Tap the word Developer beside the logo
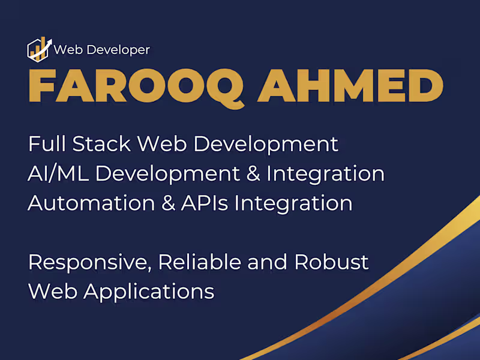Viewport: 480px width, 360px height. [118, 50]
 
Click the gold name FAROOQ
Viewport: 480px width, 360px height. [137, 86]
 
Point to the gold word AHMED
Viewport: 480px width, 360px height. [350, 86]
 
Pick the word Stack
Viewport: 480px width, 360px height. [101, 143]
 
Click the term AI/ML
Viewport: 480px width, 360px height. [58, 173]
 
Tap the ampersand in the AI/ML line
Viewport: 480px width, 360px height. [253, 173]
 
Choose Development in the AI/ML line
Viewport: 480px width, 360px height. [168, 175]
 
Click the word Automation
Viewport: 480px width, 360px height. [92, 203]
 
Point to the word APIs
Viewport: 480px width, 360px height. [205, 203]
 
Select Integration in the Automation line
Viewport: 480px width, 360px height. [293, 204]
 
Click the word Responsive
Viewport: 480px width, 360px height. [90, 263]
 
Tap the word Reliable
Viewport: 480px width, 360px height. [200, 262]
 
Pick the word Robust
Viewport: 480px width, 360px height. [332, 262]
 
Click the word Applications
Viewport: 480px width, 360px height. [149, 292]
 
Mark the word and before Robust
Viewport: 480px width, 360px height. [267, 262]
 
